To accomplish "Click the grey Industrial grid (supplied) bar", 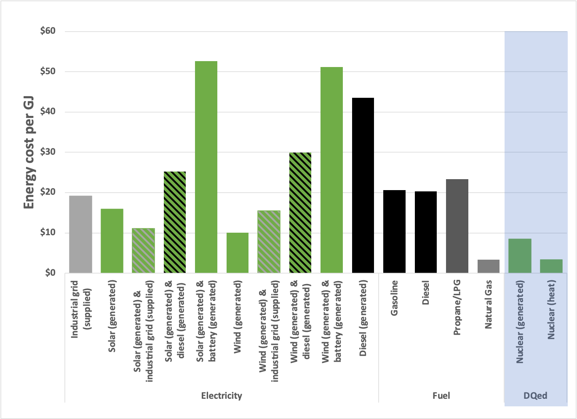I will point(80,234).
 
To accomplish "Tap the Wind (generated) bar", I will point(238,253).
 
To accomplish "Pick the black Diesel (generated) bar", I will point(363,185).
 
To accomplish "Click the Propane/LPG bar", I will point(457,226).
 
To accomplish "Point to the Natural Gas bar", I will point(489,266).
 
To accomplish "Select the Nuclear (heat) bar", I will point(551,266).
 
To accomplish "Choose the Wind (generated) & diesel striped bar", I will point(300,213).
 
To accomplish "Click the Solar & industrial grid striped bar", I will point(143,251).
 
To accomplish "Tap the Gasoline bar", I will point(394,232).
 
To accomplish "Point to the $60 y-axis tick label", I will point(48,31).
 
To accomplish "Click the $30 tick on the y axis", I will point(48,152).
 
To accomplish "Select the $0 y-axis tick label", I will point(50,273).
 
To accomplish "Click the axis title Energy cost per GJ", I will point(29,152).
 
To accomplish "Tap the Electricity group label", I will point(222,396).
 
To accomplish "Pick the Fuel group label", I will point(441,396).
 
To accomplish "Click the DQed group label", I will point(535,396).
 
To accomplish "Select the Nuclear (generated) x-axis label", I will point(520,322).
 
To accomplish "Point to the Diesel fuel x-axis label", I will point(426,293).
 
